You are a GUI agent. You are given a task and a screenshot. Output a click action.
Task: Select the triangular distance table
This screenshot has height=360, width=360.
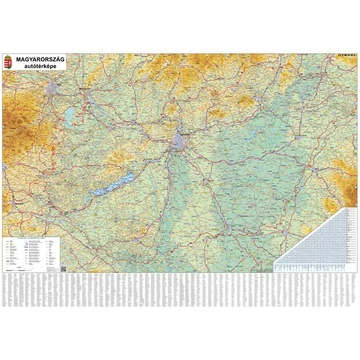310,225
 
